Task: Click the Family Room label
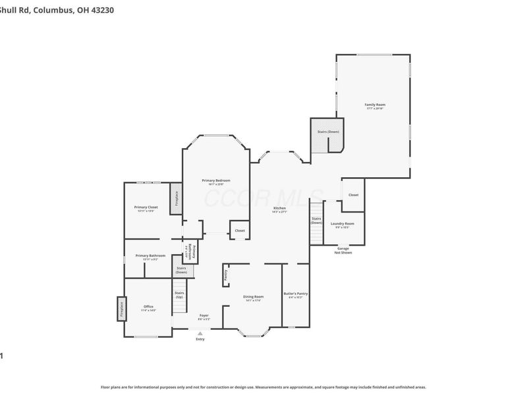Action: coord(375,105)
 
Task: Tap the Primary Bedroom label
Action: coord(215,181)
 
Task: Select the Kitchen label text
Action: coord(279,209)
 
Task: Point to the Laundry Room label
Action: coord(342,224)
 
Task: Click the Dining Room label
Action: coord(253,298)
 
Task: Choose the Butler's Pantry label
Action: coord(296,294)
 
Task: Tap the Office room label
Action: coord(148,307)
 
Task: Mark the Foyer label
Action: coord(204,317)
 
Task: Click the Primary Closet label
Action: coord(146,208)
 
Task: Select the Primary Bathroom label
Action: coord(150,256)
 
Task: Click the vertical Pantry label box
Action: coord(225,275)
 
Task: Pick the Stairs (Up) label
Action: coord(179,294)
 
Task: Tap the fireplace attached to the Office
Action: coord(122,308)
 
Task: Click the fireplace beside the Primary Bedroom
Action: coord(176,198)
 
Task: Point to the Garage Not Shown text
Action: coord(343,250)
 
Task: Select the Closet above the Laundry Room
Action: coord(353,195)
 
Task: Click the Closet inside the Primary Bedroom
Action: coord(239,230)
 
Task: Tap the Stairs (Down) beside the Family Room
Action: coord(328,132)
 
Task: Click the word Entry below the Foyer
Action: coord(200,339)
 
